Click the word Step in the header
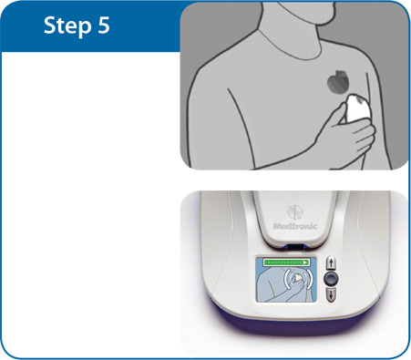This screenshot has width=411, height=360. pos(67,26)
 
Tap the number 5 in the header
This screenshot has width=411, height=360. pos(104,25)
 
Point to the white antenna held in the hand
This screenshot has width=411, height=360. pos(357,108)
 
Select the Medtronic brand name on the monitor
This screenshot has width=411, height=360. pos(295,226)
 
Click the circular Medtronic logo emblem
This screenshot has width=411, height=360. pos(295,212)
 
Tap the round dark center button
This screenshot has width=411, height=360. pos(331,278)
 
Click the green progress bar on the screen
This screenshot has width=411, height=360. pos(286,262)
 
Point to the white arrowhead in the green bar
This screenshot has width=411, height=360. pos(305,262)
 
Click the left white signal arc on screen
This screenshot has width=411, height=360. pos(286,278)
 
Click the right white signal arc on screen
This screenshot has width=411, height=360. pos(309,278)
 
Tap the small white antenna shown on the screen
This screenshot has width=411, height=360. pos(298,276)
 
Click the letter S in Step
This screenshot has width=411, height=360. pos(50,26)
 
